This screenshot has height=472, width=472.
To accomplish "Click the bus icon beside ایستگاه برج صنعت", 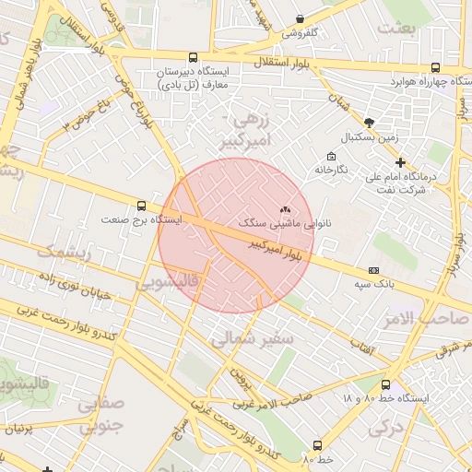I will point(141,206).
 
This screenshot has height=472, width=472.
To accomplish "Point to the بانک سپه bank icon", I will point(373,270).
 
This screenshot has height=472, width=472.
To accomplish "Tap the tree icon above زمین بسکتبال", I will point(370,123).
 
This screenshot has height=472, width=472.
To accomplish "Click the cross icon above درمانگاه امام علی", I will point(399,162).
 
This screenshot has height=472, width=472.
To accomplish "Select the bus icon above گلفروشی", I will point(300,18).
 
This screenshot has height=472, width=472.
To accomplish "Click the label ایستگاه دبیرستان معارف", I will point(198,77).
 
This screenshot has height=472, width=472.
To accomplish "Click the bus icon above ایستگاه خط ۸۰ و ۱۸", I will point(385,384).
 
